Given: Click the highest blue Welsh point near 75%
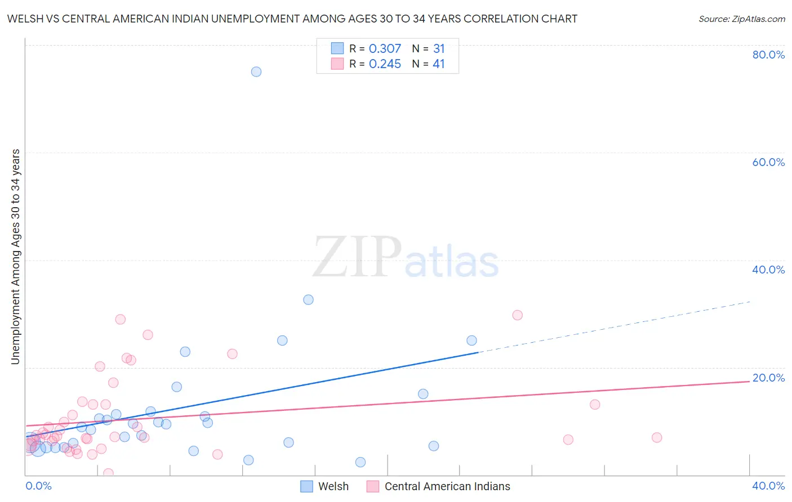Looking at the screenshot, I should (x=256, y=71).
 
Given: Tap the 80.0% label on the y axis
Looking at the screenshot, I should (x=768, y=55).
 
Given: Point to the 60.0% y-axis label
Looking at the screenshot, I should (x=768, y=162).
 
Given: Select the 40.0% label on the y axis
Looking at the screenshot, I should (x=768, y=270).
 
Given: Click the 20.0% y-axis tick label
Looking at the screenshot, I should (x=768, y=378).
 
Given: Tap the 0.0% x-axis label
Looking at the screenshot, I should (x=38, y=486).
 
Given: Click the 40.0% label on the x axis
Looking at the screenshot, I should (x=768, y=486).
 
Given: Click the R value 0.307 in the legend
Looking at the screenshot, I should (x=385, y=49).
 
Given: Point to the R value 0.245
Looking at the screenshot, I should (x=385, y=64).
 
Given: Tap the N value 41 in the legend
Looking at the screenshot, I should (x=438, y=64).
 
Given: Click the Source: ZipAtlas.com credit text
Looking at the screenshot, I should (x=741, y=19).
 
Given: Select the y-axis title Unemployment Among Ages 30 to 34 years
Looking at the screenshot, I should (x=16, y=257).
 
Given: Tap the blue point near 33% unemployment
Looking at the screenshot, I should (x=308, y=299).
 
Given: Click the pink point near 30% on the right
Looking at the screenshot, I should (x=517, y=315).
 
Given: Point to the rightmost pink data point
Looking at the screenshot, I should (x=656, y=437).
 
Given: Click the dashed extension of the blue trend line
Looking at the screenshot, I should (x=614, y=327).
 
